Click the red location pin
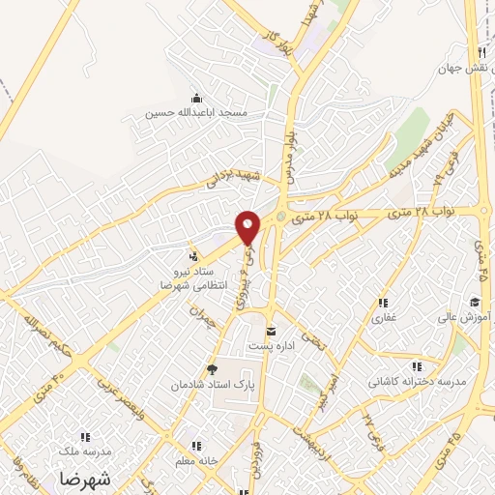coord(248,226)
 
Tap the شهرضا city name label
coord(84,480)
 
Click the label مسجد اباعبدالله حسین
coord(197,113)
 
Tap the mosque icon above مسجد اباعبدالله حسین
coord(197,98)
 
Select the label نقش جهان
coord(458,68)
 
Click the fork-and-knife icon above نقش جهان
coord(480,51)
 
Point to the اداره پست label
coord(273,345)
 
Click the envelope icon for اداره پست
coord(270,331)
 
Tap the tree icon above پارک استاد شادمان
coord(213,369)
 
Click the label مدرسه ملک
coord(86,451)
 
